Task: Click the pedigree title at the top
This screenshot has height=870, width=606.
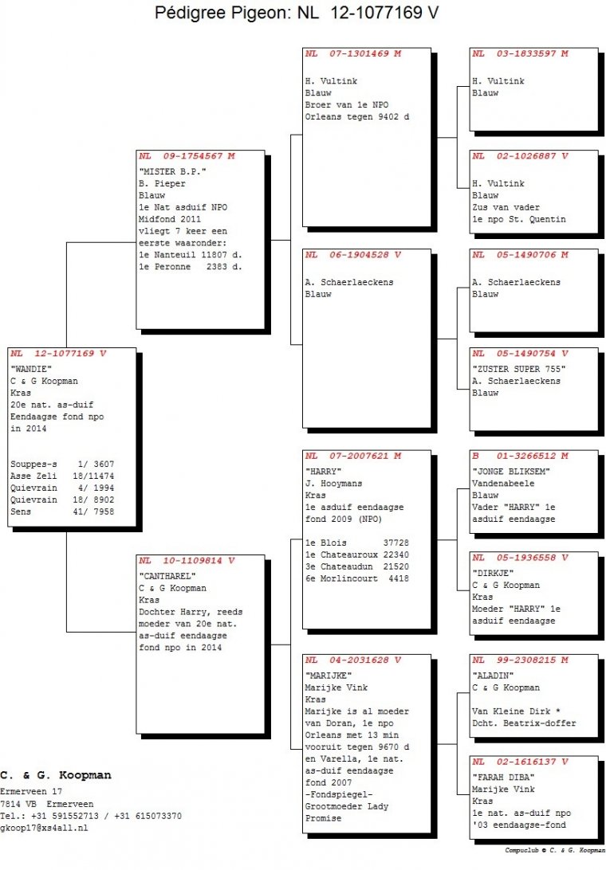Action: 297,12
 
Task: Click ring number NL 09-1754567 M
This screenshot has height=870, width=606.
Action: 187,156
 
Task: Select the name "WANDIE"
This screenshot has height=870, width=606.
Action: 31,369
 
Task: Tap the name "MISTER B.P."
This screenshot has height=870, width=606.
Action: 172,171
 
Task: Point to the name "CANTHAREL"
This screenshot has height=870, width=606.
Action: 167,576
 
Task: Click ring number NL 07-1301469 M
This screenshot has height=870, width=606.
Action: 352,54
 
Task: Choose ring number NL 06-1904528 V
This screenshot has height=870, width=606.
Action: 352,255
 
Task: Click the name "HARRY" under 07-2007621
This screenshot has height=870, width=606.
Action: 323,472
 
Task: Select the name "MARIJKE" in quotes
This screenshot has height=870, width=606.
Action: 329,676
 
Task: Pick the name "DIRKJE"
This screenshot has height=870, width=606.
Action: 493,573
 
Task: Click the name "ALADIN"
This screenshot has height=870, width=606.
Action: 493,676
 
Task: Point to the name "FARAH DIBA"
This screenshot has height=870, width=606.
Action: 503,778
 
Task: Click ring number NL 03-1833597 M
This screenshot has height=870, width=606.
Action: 520,54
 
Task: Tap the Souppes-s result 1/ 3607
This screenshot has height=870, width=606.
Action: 96,464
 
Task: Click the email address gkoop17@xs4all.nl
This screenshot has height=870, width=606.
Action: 44,828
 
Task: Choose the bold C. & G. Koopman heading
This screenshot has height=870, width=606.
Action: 56,775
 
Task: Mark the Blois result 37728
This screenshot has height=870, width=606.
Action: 396,543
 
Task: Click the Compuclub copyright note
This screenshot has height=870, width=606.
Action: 555,850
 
